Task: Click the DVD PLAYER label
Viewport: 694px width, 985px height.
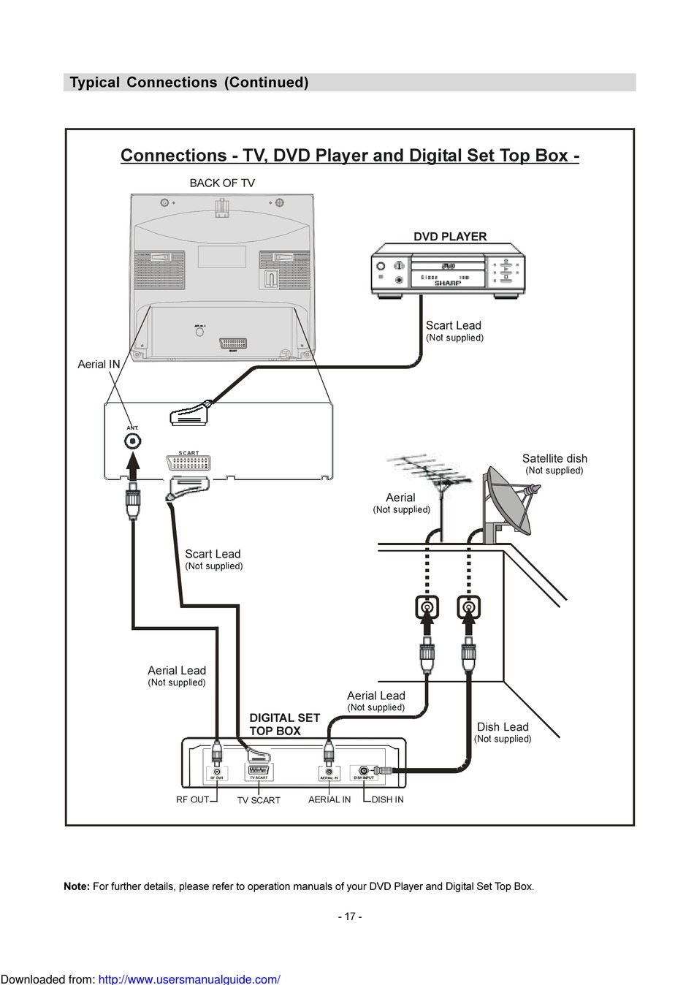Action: coord(450,237)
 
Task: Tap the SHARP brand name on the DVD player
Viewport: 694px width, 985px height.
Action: coord(448,283)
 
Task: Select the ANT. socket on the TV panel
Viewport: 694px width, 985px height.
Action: coord(132,441)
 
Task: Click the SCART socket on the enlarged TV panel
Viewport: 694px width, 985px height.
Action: coord(188,463)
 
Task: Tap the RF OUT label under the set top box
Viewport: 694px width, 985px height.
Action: coord(192,799)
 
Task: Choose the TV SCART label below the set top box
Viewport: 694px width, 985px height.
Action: coord(259,800)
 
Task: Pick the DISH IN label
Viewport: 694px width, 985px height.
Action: coord(387,799)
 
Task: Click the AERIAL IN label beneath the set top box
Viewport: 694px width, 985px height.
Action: coord(329,799)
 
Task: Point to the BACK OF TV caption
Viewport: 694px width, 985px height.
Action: coord(222,183)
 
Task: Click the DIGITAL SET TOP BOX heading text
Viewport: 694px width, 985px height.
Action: coord(284,724)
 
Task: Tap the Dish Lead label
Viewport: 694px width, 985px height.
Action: coord(503,727)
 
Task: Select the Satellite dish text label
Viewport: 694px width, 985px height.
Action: coord(554,459)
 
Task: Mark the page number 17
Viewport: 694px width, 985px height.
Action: coord(350,916)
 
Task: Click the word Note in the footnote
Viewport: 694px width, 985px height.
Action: coord(76,886)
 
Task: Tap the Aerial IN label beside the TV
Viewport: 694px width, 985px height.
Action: coord(99,365)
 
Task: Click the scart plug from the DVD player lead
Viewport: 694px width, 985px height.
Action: coord(189,414)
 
